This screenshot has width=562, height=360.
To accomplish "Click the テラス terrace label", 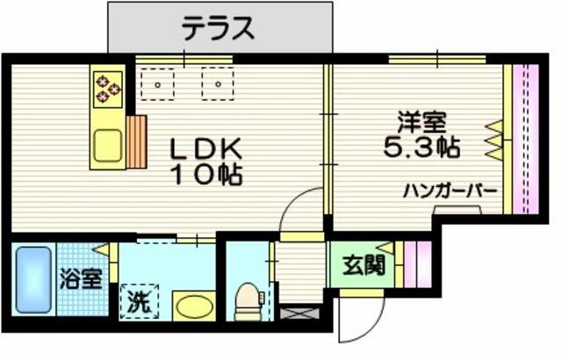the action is [219, 28].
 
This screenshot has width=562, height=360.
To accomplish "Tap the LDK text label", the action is [206, 149].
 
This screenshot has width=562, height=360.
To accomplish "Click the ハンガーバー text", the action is [450, 191].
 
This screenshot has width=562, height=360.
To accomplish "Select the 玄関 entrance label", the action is [363, 265].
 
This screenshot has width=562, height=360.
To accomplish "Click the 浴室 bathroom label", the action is [82, 278].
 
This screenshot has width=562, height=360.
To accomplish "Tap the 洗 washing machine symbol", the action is [140, 301].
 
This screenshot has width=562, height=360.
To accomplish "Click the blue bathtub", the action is [33, 279].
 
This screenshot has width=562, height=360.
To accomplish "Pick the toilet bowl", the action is [248, 302].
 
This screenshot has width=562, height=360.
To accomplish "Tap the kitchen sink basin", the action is [107, 146].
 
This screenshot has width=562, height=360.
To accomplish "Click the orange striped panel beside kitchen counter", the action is [137, 141].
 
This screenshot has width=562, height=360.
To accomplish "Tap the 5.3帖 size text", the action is [421, 147].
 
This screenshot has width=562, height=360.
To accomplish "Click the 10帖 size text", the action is [207, 175].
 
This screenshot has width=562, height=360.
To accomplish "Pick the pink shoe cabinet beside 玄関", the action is [418, 264].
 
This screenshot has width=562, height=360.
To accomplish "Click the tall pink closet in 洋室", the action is [525, 140].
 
